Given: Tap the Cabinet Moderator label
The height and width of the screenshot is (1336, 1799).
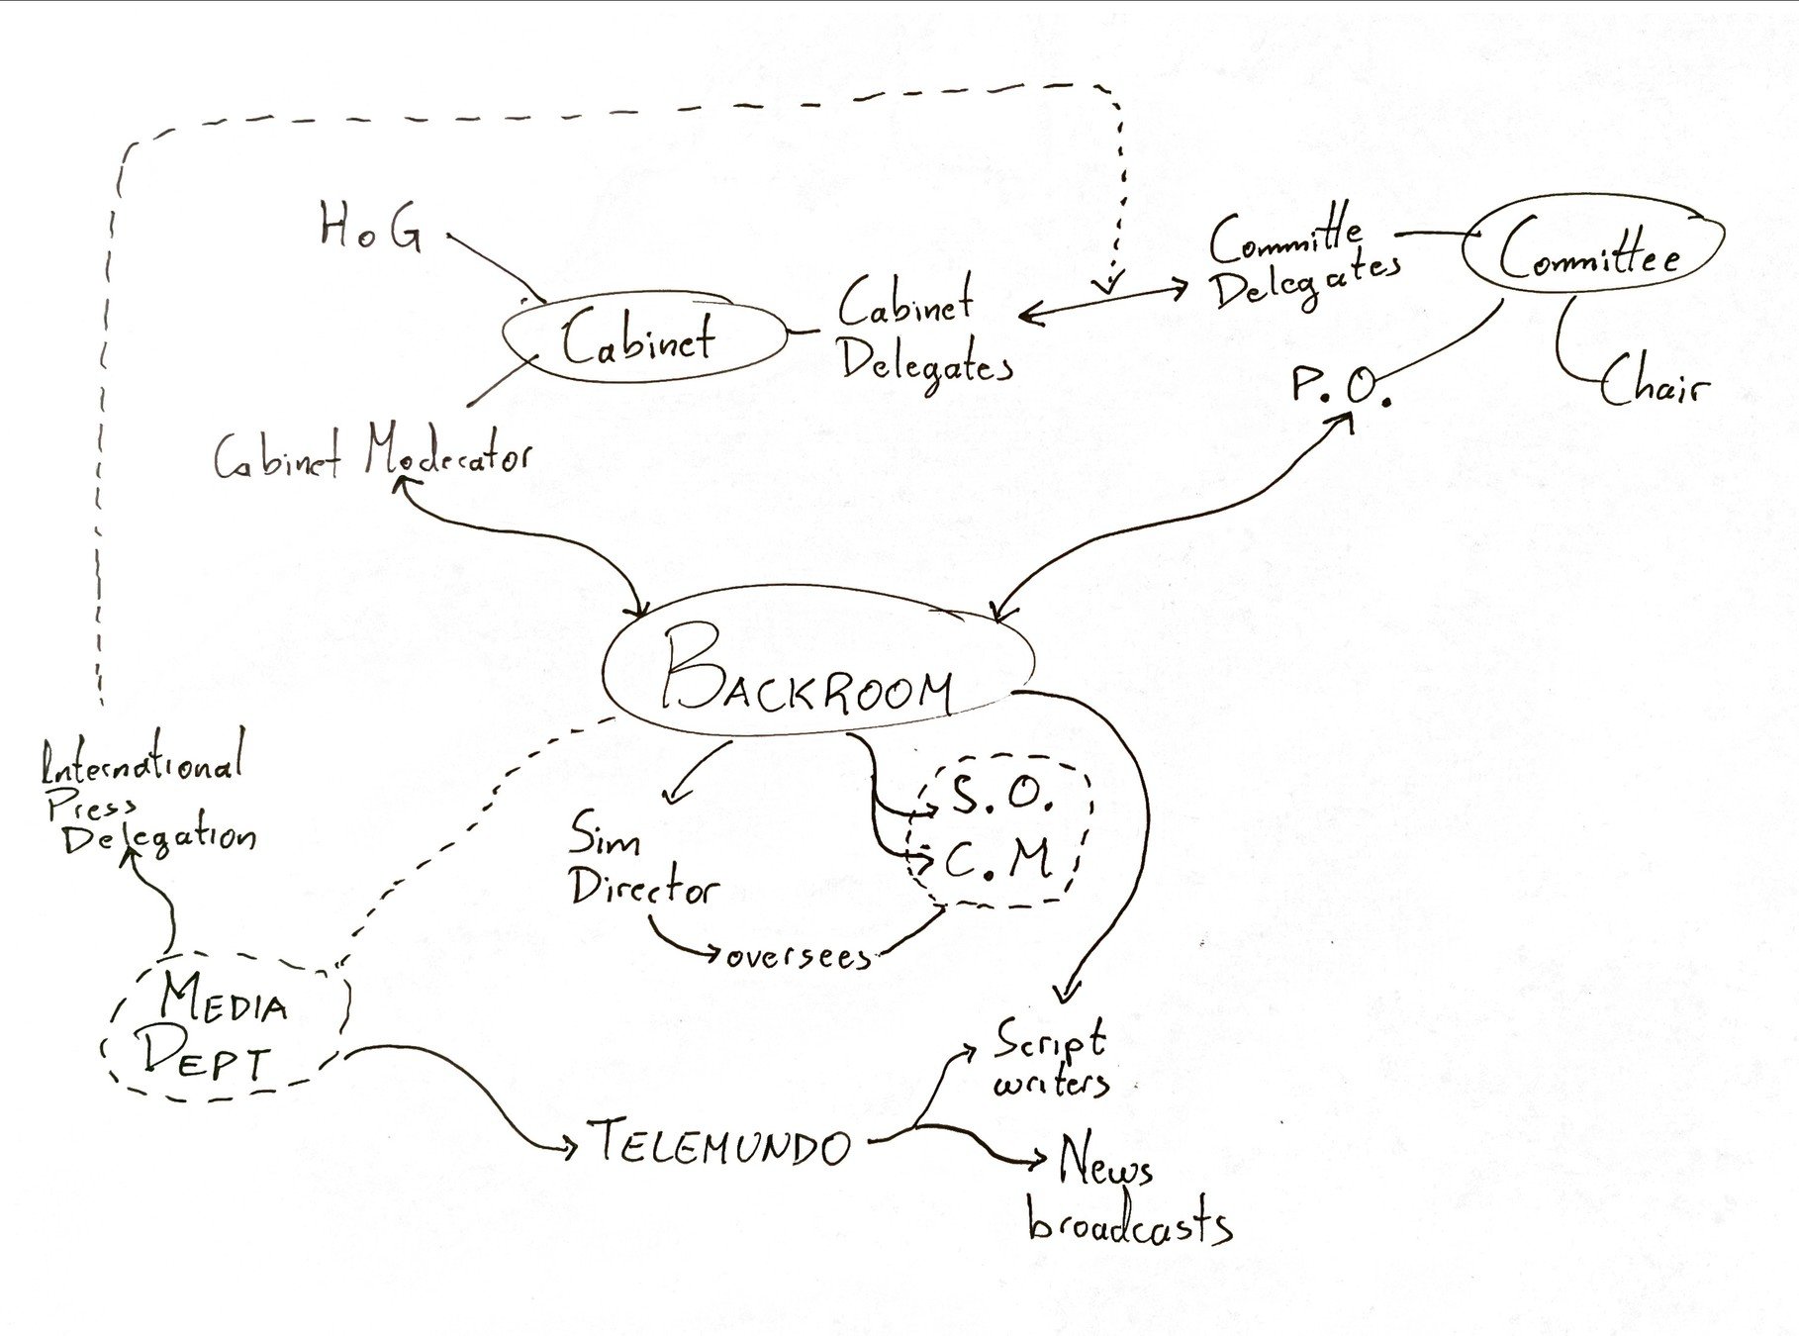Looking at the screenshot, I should [x=372, y=458].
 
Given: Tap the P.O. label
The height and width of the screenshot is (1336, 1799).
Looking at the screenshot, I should [x=1340, y=385].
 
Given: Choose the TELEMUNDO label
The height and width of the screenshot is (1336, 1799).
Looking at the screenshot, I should [x=722, y=1145].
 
